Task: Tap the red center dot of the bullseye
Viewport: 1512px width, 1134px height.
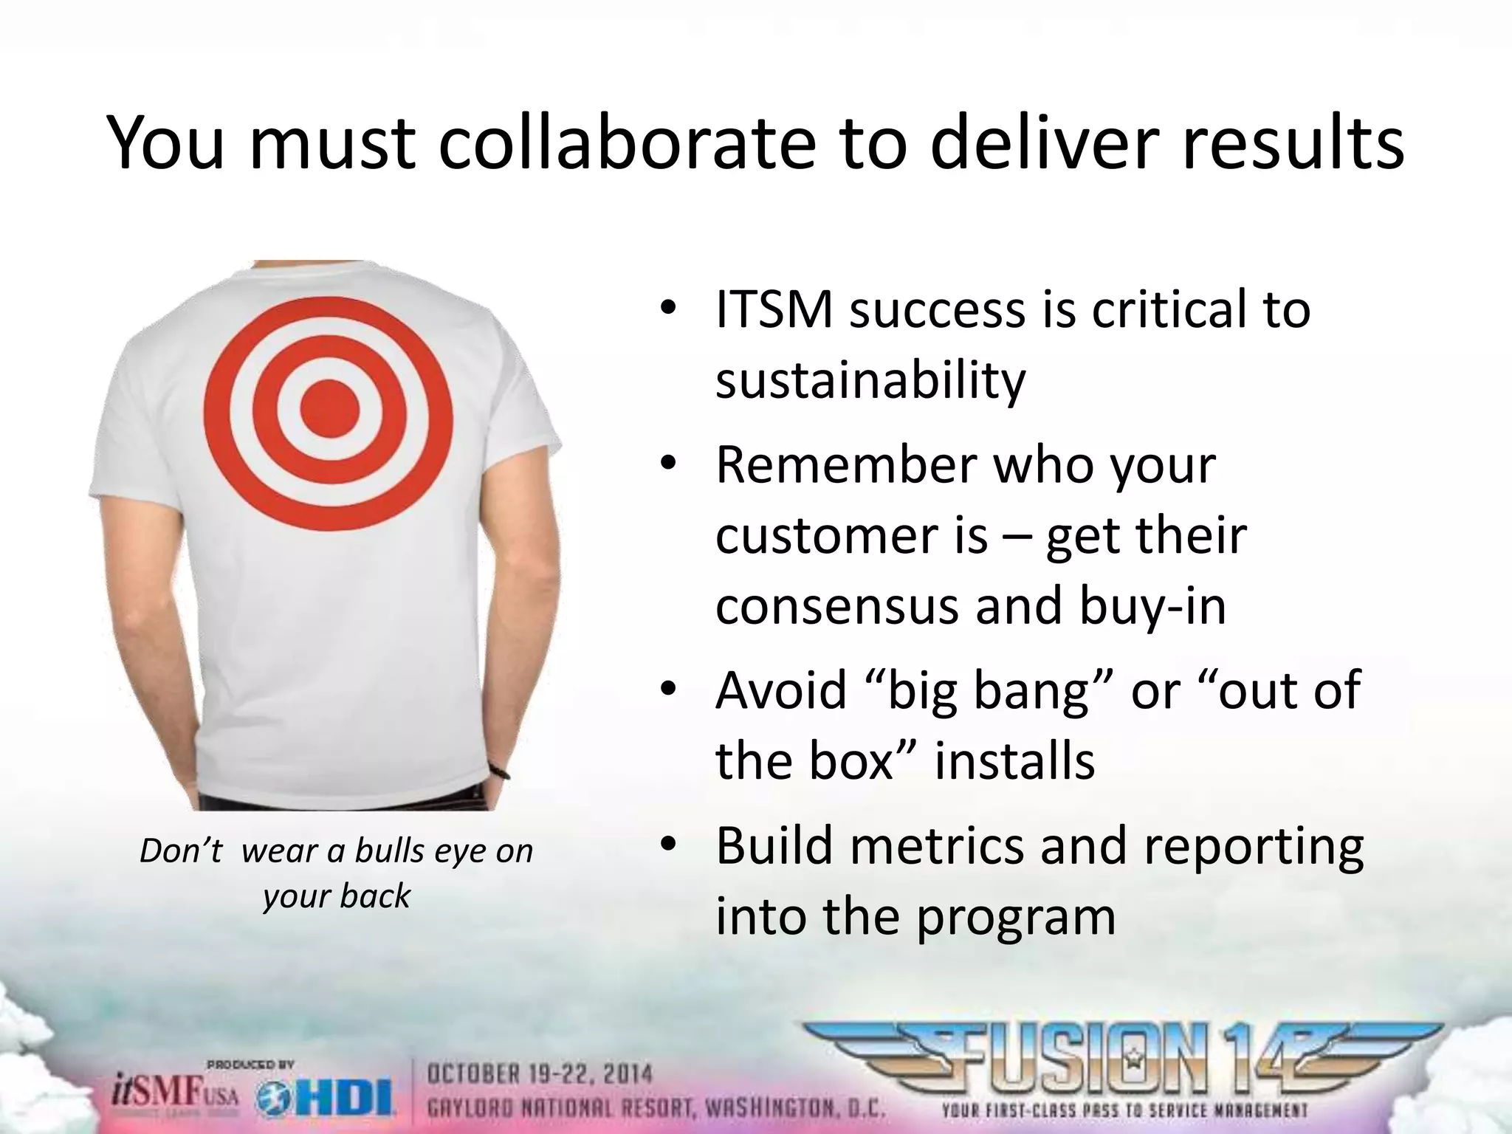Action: pos(329,408)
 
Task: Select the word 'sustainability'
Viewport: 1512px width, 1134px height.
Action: pos(870,381)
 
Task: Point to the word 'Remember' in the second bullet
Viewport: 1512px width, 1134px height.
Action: pos(844,465)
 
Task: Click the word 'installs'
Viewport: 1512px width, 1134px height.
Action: pos(1014,761)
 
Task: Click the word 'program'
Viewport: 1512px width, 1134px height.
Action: pos(1016,918)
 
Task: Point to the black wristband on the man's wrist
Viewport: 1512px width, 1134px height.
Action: pos(501,772)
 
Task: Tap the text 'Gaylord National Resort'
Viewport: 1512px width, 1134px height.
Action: pos(562,1107)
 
